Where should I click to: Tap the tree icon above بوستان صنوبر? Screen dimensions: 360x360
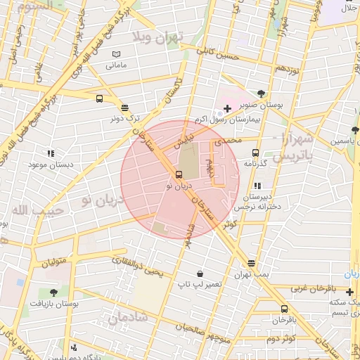tap(262, 93)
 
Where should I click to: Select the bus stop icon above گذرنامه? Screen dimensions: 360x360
tap(255, 153)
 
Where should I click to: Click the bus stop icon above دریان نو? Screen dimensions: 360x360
tap(177, 175)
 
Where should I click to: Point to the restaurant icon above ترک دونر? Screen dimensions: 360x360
tap(124, 108)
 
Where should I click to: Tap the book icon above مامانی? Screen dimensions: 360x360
tap(116, 54)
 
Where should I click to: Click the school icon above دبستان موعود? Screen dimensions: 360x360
tap(51, 153)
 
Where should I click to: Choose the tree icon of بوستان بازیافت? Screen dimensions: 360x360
tap(54, 292)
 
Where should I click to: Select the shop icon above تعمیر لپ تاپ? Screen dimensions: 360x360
tap(200, 274)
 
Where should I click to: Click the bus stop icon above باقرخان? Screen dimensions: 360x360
tap(284, 309)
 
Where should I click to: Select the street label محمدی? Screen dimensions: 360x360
tap(227, 141)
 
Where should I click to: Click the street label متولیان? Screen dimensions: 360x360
tap(53, 262)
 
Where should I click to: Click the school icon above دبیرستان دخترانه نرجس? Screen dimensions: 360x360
tap(257, 186)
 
